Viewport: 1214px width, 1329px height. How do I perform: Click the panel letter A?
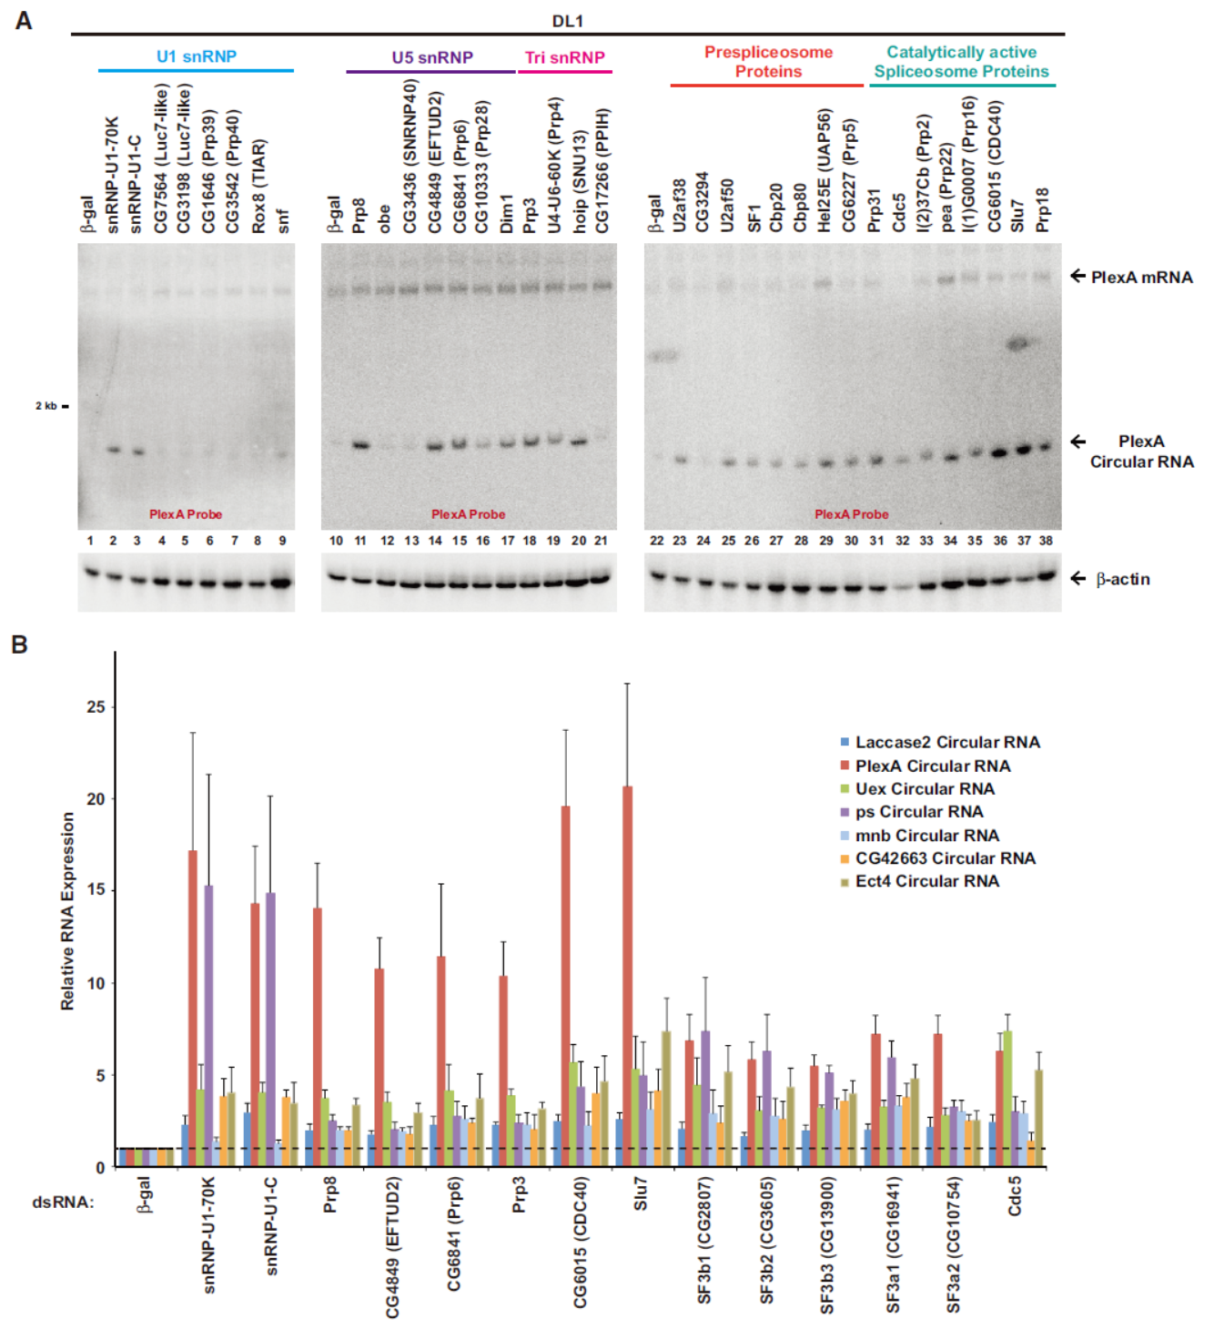[x=24, y=20]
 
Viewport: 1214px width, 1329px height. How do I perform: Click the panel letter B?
[x=19, y=644]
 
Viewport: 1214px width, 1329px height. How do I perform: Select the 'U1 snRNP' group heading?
[x=197, y=56]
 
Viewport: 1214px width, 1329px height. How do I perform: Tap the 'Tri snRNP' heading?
[x=565, y=57]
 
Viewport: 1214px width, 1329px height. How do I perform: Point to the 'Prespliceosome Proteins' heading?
[x=768, y=62]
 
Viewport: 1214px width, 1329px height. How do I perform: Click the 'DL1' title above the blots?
[x=567, y=21]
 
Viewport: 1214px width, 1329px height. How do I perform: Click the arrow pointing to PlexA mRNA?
[x=1078, y=275]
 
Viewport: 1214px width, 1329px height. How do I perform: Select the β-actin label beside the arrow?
[x=1123, y=579]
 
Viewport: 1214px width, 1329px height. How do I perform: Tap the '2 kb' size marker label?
[x=46, y=406]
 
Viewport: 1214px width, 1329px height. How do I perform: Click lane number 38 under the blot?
[x=1046, y=541]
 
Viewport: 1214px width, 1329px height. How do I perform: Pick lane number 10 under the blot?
[x=336, y=541]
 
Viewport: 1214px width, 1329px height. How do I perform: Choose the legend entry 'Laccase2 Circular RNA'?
[x=946, y=743]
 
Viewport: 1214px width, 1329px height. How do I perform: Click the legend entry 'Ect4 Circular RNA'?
[x=926, y=881]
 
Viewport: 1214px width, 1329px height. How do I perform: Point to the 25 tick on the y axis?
[x=96, y=706]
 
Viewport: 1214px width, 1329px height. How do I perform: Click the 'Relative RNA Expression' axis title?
[x=68, y=910]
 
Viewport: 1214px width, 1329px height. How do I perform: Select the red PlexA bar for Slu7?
[x=628, y=974]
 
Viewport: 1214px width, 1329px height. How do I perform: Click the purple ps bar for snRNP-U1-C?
[x=270, y=1029]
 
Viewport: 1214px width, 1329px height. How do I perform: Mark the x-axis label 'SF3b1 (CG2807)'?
[x=704, y=1240]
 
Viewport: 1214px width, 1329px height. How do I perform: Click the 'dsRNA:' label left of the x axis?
[x=62, y=1202]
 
